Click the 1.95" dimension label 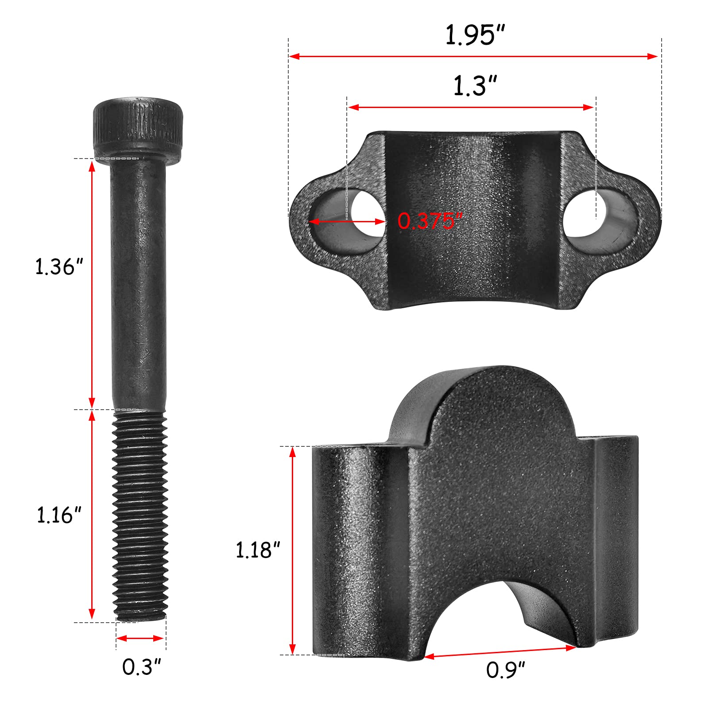(475, 35)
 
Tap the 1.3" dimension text (475, 86)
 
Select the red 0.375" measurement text (430, 221)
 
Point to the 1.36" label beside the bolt (59, 267)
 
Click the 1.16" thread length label (59, 515)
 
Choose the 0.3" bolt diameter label (141, 667)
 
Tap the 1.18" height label (258, 550)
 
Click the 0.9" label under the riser (505, 670)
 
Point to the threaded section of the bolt (140, 514)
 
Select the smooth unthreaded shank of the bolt (139, 283)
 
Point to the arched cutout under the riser (500, 620)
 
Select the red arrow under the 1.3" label (471, 107)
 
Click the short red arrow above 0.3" (140, 638)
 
